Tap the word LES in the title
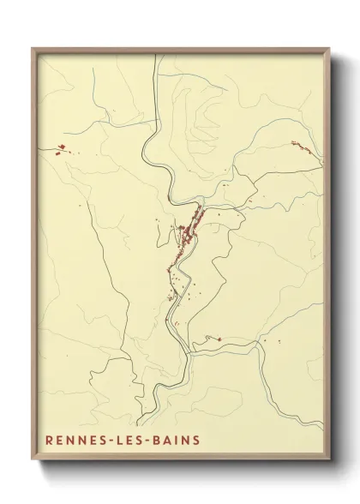point(132,441)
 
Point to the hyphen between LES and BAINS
point(151,441)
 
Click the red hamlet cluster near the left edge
point(60,153)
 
